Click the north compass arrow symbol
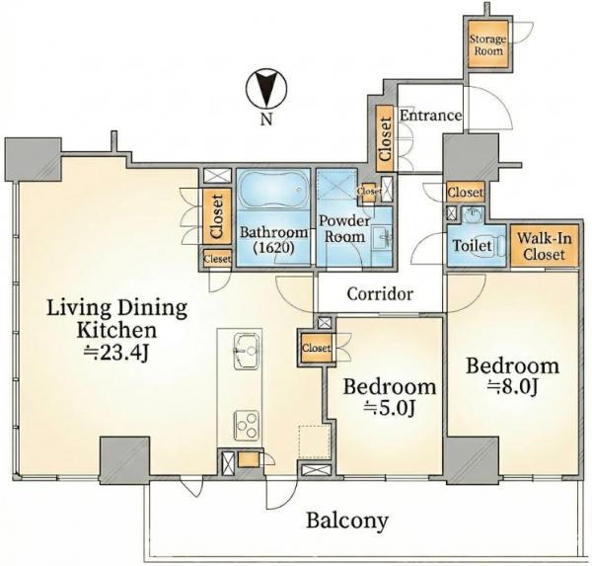266,90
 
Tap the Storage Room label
488,44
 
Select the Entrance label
430,116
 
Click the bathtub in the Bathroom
273,190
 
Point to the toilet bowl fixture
492,247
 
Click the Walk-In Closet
544,246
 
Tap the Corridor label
380,293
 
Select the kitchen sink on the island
247,352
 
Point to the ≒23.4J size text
115,354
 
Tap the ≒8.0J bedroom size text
512,387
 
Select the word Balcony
347,521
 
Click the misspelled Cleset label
217,259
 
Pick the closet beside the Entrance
385,138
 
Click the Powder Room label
344,229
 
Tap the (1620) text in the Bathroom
273,247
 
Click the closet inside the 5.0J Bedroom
317,348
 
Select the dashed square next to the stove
314,442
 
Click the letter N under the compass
266,120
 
